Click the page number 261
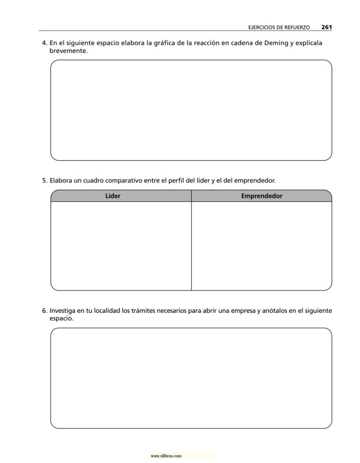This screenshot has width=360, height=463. point(327,27)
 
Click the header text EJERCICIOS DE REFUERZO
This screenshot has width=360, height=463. point(279,27)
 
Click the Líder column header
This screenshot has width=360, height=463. point(113,196)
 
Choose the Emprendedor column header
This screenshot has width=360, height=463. point(261,196)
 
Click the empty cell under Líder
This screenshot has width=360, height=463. point(121,245)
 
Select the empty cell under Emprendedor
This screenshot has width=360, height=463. point(261,245)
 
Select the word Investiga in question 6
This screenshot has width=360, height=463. point(62,311)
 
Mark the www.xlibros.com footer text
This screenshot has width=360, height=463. point(166,456)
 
